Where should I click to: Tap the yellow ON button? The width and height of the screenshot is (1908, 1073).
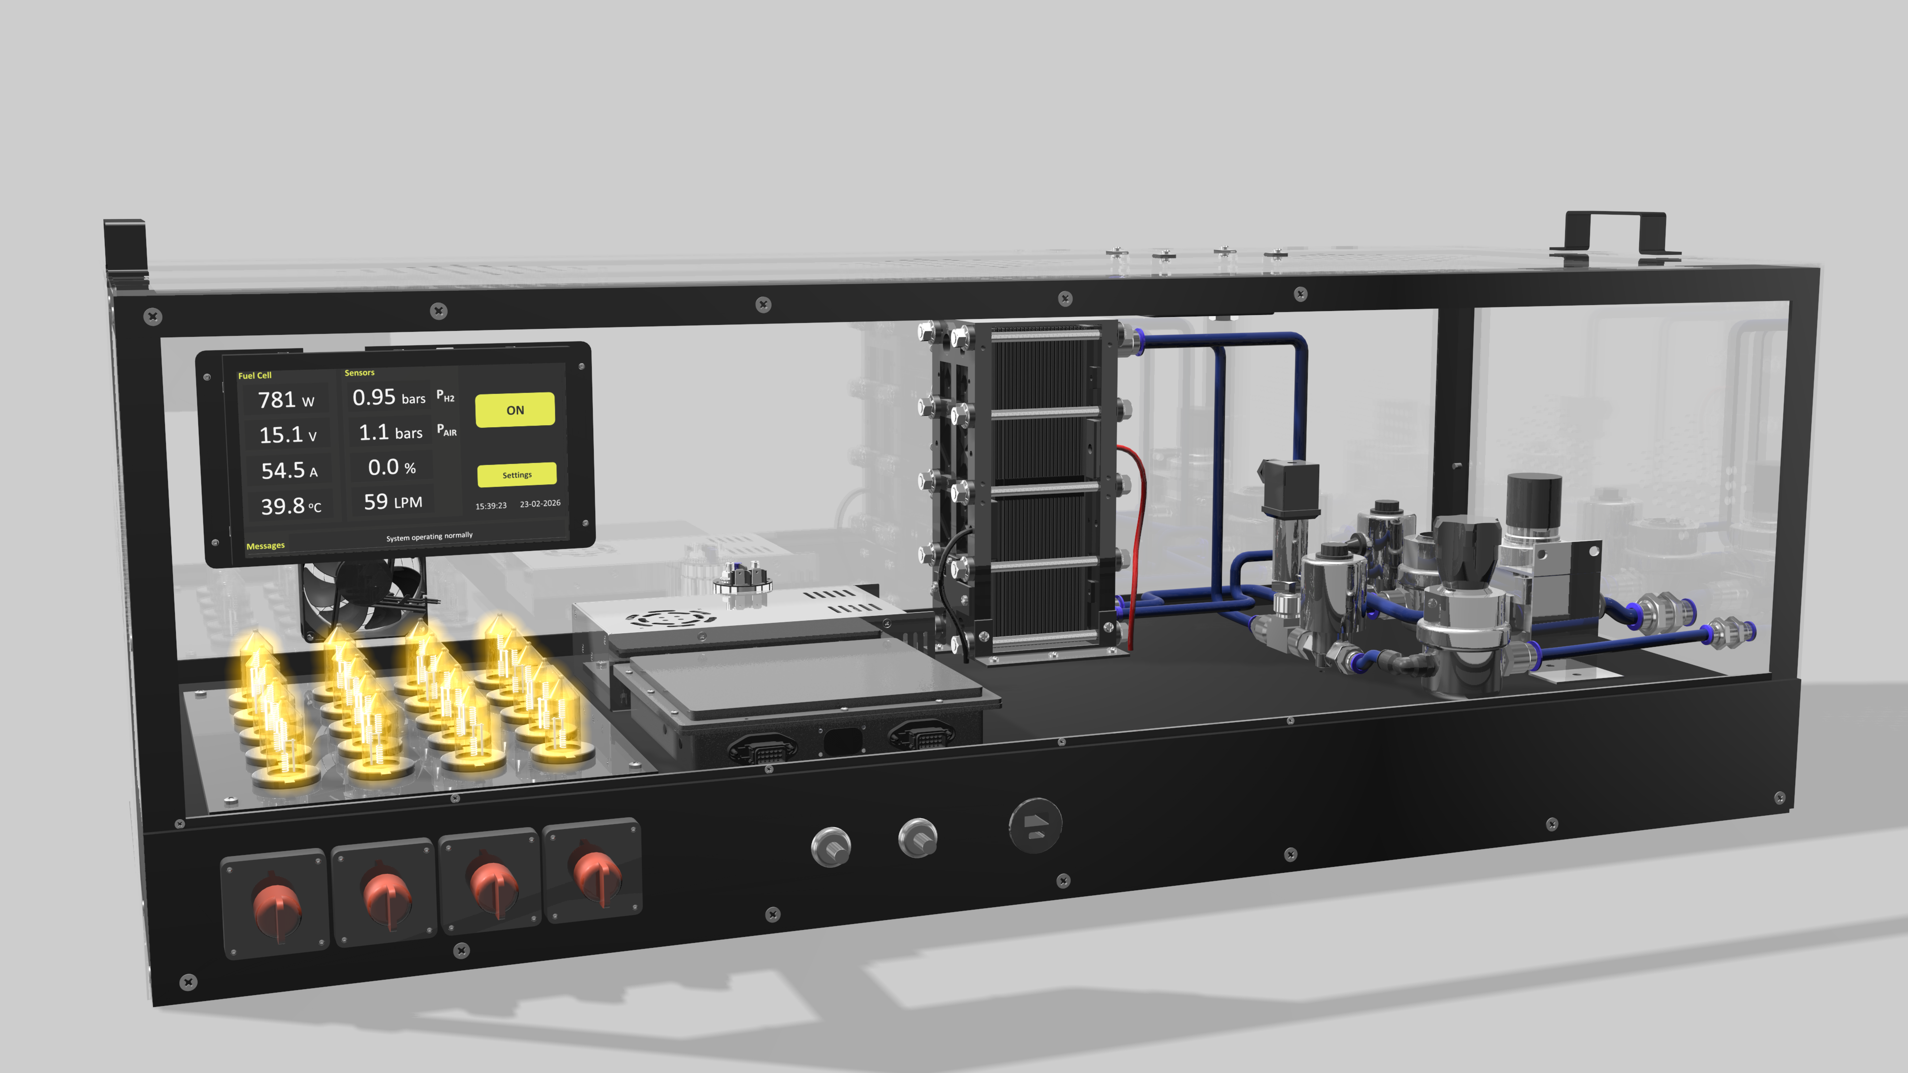point(515,409)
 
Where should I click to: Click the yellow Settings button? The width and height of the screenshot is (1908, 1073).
point(516,475)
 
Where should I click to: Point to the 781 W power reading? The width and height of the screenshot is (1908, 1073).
point(286,400)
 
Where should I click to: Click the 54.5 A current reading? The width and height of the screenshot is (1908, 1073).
point(289,470)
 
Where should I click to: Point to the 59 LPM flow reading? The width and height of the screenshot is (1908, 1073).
point(393,502)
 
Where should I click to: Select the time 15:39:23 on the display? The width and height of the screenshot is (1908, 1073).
point(491,506)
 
